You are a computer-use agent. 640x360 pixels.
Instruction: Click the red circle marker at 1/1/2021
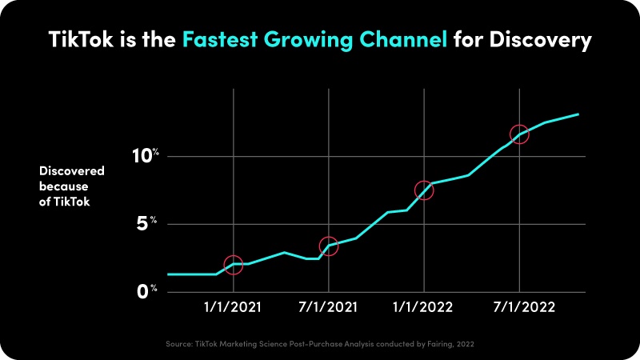pyautogui.click(x=233, y=265)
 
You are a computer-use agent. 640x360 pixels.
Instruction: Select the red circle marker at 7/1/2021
pyautogui.click(x=328, y=246)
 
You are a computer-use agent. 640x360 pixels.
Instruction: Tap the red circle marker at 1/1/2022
pyautogui.click(x=424, y=190)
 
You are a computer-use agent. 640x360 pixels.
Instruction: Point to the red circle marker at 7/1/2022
pyautogui.click(x=520, y=134)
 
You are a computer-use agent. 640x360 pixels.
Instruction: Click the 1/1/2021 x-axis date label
pyautogui.click(x=233, y=307)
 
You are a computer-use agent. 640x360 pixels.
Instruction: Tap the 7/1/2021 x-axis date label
pyautogui.click(x=328, y=307)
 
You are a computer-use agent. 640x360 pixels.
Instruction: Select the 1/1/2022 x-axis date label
pyautogui.click(x=424, y=307)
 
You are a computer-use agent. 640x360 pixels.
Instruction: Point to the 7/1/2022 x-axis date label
pyautogui.click(x=520, y=307)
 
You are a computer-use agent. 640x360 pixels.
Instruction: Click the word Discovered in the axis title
pyautogui.click(x=72, y=170)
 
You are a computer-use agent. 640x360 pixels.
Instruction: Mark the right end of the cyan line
pyautogui.click(x=578, y=114)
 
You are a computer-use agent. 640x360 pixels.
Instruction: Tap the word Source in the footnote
pyautogui.click(x=178, y=343)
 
